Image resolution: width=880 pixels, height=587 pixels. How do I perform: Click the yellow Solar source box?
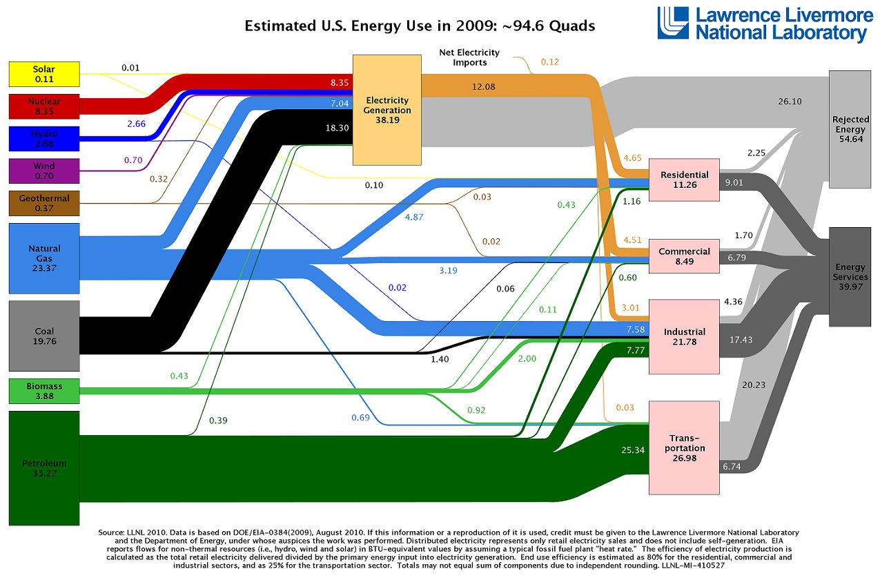coord(43,75)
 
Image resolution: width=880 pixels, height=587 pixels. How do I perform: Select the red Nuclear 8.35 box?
coord(43,106)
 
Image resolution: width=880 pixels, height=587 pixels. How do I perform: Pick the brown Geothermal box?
coord(43,203)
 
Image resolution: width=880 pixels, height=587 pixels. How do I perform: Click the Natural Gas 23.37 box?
coord(43,258)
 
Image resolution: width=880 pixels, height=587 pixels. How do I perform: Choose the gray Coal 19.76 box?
coord(43,336)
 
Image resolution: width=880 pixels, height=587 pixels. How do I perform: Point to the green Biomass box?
coord(43,390)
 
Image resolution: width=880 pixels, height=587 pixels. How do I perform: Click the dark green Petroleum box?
coord(43,468)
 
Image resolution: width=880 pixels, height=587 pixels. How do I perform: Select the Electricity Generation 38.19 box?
coord(388,110)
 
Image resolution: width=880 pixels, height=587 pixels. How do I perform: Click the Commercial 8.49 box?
coord(684,256)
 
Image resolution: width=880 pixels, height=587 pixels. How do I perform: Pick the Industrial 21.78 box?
coord(684,336)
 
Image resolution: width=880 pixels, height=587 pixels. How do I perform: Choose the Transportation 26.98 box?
coord(684,448)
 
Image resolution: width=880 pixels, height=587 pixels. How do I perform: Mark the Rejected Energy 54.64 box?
coord(850,129)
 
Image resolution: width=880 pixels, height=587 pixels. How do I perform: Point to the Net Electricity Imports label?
coord(469,57)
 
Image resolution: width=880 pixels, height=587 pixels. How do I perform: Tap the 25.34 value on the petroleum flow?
coord(632,450)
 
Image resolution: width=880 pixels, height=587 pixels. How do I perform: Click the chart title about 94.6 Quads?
coord(420,26)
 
